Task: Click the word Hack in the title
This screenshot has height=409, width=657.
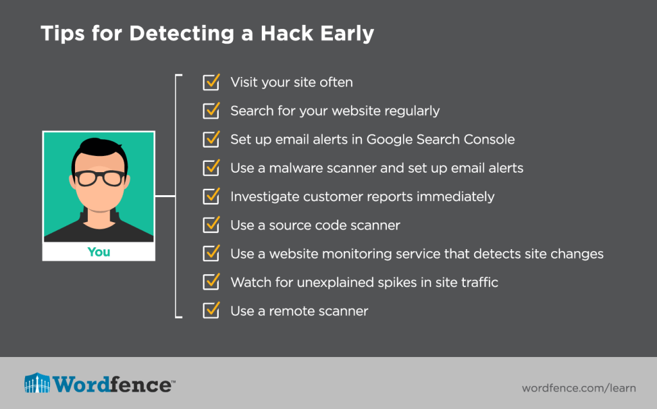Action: pyautogui.click(x=287, y=33)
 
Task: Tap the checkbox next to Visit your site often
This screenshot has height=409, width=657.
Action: pyautogui.click(x=211, y=82)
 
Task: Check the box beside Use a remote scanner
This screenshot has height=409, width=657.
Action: pyautogui.click(x=211, y=310)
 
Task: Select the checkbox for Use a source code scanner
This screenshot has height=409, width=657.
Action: pyautogui.click(x=211, y=225)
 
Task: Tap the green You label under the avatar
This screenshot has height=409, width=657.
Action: pyautogui.click(x=99, y=252)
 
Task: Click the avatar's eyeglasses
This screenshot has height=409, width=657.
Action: pyautogui.click(x=100, y=177)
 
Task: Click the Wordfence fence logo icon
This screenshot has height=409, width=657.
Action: pyautogui.click(x=37, y=383)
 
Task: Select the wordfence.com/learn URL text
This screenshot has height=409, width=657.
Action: pyautogui.click(x=579, y=388)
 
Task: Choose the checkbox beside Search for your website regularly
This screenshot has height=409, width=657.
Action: pyautogui.click(x=211, y=110)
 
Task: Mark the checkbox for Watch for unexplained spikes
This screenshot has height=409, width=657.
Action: pyautogui.click(x=211, y=282)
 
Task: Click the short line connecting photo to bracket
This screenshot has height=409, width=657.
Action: pyautogui.click(x=165, y=196)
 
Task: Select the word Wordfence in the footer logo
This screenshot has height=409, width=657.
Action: pyautogui.click(x=112, y=384)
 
